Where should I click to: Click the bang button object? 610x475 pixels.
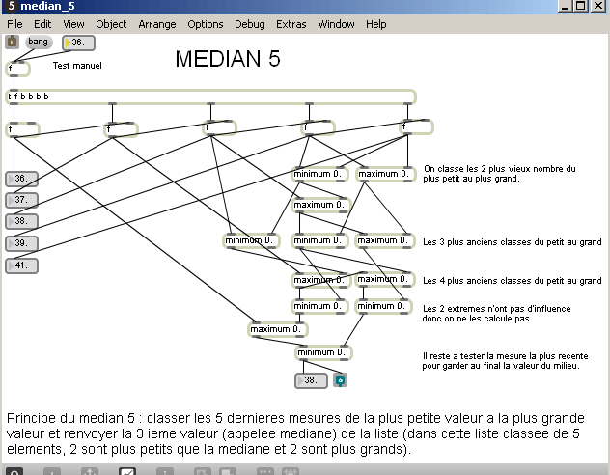click(38, 42)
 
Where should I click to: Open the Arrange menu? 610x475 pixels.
click(156, 23)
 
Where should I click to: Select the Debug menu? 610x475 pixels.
click(249, 23)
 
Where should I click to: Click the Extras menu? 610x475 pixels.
click(291, 23)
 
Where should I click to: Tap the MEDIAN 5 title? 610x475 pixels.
click(228, 59)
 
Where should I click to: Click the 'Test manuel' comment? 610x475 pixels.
click(77, 66)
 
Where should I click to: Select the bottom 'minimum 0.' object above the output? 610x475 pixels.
click(323, 352)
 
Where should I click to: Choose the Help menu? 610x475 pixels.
click(375, 23)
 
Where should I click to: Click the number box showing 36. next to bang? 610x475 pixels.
click(79, 42)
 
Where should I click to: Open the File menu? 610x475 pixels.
click(15, 23)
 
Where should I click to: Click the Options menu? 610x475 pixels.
click(205, 23)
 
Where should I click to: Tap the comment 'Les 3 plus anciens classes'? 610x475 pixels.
click(512, 241)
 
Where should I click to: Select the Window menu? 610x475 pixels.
click(336, 23)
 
